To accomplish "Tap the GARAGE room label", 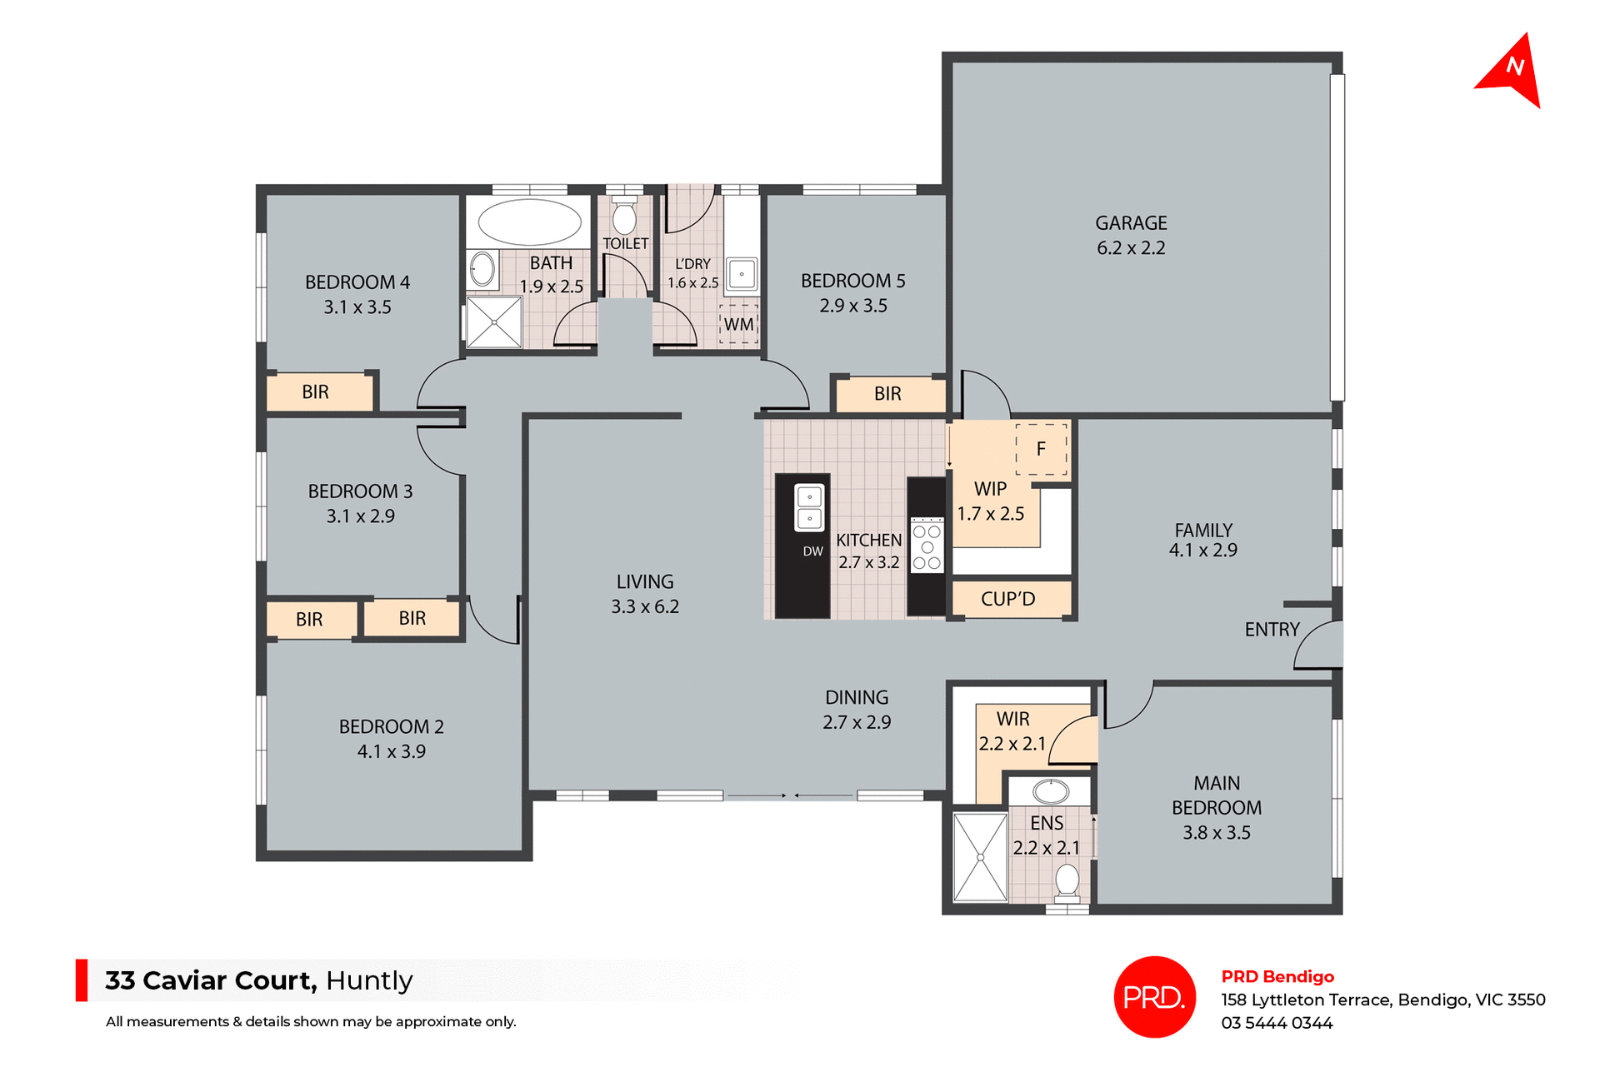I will (x=1131, y=223).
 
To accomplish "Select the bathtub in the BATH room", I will (x=530, y=222).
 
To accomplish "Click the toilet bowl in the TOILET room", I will (x=624, y=218).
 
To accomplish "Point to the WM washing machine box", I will (x=738, y=324).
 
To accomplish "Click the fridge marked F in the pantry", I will (x=1041, y=450).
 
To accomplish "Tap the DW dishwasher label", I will (x=812, y=551).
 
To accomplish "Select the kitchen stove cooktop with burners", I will (x=927, y=547).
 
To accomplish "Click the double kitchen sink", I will (x=809, y=507).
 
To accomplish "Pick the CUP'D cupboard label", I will (x=1008, y=599).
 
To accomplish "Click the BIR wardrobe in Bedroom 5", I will (x=888, y=394).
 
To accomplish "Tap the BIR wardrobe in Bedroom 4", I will (x=316, y=392).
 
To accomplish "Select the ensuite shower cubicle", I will (x=981, y=858).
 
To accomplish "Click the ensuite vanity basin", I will (x=1051, y=790).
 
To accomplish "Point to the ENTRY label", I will (x=1272, y=630).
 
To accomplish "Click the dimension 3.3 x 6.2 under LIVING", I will (x=645, y=607).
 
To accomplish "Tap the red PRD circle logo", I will (x=1154, y=997).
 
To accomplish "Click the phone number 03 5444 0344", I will (x=1277, y=1023).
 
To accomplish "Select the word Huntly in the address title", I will (x=369, y=980).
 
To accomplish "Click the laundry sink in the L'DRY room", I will (x=741, y=274).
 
